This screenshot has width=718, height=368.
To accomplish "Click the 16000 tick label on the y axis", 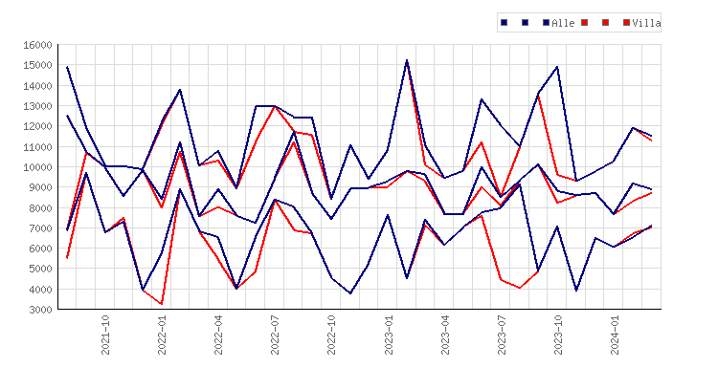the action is coord(37,45).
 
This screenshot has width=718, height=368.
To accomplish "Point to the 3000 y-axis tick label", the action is coord(40,310).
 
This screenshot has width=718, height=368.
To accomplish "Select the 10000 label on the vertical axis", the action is coord(37,167).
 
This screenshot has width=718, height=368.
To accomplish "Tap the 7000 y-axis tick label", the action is coord(40,228).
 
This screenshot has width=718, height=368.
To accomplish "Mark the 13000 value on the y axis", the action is coord(37,106).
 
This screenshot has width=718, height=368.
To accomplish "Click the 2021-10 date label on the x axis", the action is coord(105,335).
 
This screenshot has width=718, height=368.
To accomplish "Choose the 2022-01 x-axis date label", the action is coord(162,335).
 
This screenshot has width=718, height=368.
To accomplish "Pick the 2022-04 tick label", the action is coord(218,335).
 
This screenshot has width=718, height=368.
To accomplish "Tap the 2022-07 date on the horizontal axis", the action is coord(275,335).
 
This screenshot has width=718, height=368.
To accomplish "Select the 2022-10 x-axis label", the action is coord(331,335).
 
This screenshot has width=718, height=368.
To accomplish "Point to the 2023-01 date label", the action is coord(389,335).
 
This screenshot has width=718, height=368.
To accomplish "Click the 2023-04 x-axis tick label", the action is coord(445,335).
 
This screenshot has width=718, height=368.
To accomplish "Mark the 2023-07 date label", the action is coord(502,335).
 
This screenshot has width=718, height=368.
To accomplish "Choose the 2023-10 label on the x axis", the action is coord(558,335).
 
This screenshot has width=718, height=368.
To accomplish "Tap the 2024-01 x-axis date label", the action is coord(615,335).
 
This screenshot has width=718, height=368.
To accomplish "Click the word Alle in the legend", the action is coord(563,23).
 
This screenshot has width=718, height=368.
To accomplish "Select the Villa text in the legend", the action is coord(646,23).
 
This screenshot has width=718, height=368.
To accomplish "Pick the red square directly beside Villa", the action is coord(626,22).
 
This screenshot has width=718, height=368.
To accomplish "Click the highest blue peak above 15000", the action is coord(407,60).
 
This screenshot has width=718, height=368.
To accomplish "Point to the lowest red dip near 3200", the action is coord(162,304).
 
